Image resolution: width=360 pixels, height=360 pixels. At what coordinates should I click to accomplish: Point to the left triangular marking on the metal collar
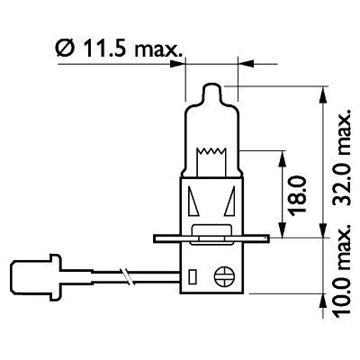click(x=194, y=202)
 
